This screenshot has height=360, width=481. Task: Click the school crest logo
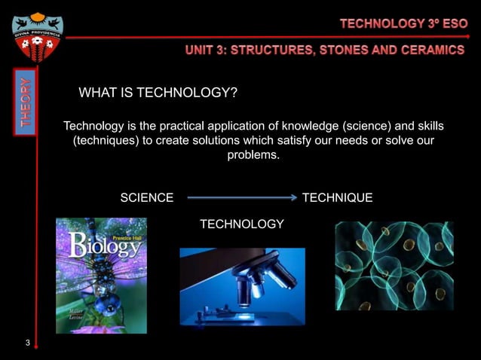coord(37,38)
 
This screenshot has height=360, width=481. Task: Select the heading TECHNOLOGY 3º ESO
coord(403,23)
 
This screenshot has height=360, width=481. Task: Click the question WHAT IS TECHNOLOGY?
coord(158,93)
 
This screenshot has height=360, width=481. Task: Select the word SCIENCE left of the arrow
coord(147,198)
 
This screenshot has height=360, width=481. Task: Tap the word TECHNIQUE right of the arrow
coord(337,198)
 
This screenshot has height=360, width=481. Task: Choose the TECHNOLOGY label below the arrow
coord(241,224)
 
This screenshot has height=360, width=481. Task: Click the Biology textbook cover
coord(101,276)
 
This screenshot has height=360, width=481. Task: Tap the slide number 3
coord(27,344)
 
